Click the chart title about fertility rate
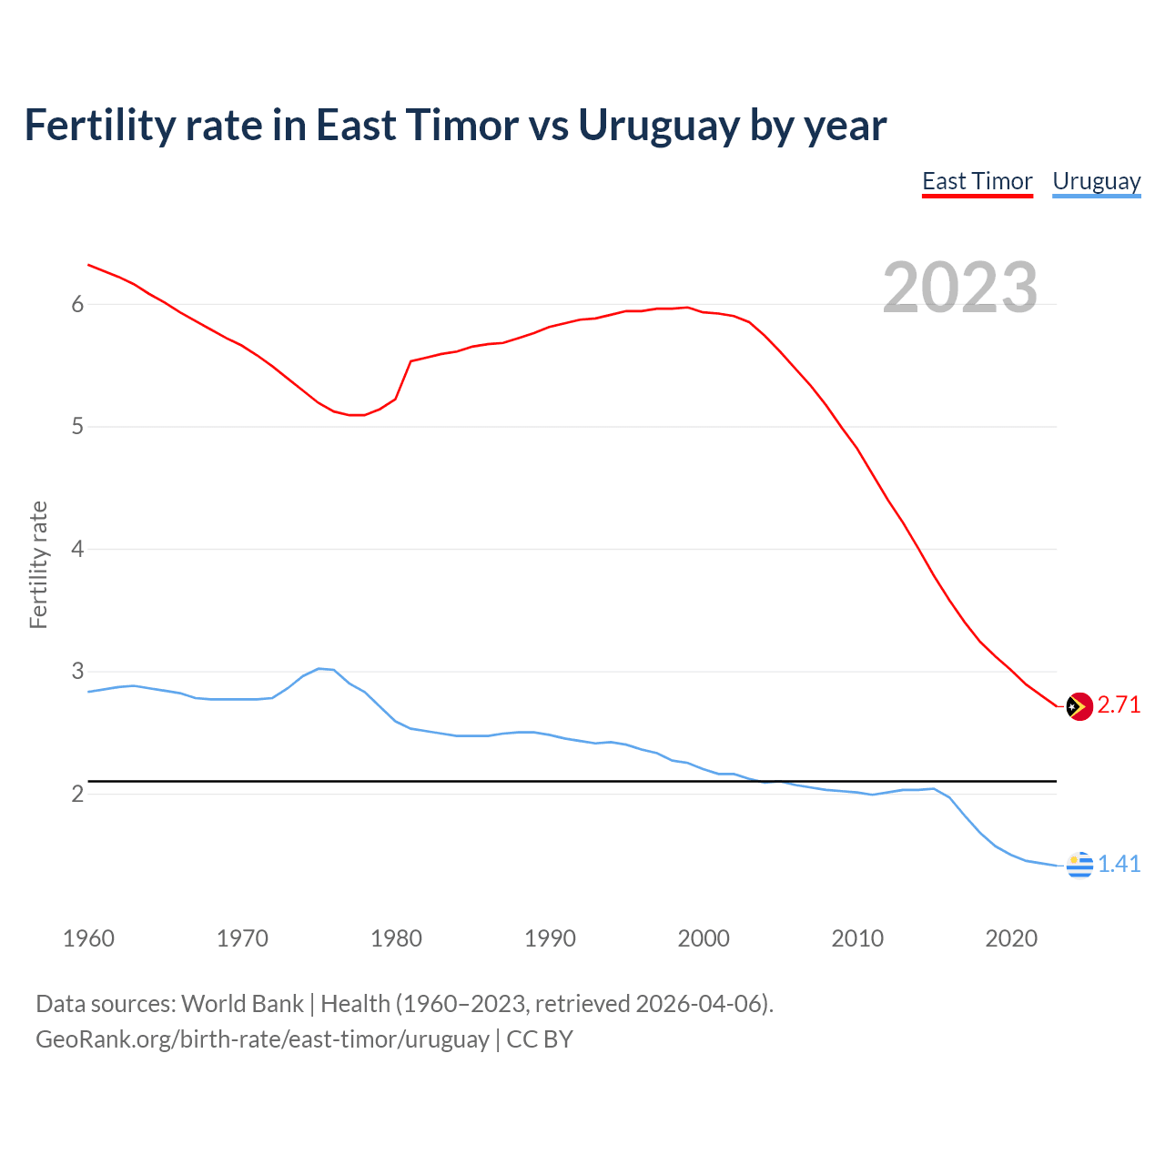tap(455, 125)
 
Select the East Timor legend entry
tap(977, 181)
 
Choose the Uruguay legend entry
tap(1096, 181)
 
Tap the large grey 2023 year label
tap(959, 288)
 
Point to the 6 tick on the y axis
tap(77, 305)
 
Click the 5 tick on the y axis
tap(77, 427)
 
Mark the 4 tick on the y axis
tap(77, 550)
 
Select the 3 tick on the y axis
tap(77, 672)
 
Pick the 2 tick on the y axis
tap(77, 795)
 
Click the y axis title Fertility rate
tap(38, 564)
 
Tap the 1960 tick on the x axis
tap(88, 938)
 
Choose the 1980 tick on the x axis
tap(396, 938)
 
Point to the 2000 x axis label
tap(704, 938)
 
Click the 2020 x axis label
tap(1011, 938)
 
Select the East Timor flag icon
tap(1079, 706)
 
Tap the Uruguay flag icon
tap(1079, 865)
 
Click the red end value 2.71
tap(1119, 705)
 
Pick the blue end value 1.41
tap(1119, 865)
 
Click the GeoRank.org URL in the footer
tap(262, 1039)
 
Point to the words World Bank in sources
tap(242, 1004)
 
